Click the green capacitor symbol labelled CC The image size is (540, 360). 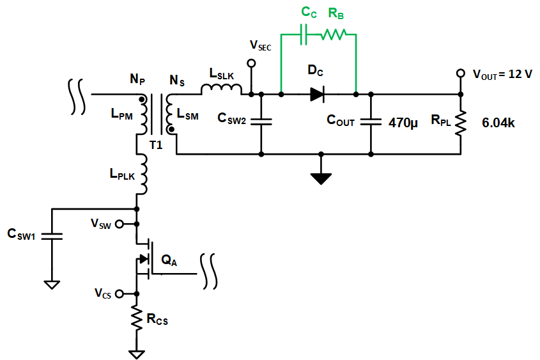click(x=304, y=35)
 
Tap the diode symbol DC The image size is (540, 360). click(x=318, y=95)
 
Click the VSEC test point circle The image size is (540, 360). click(x=251, y=63)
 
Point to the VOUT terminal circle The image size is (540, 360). click(x=459, y=74)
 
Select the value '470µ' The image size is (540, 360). click(x=403, y=122)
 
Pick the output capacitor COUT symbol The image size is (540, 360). click(x=371, y=121)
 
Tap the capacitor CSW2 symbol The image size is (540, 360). click(x=261, y=121)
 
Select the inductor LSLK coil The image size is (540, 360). click(x=221, y=90)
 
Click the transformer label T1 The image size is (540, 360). click(x=156, y=145)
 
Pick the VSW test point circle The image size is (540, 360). click(x=136, y=224)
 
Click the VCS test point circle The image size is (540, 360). click(x=136, y=293)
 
